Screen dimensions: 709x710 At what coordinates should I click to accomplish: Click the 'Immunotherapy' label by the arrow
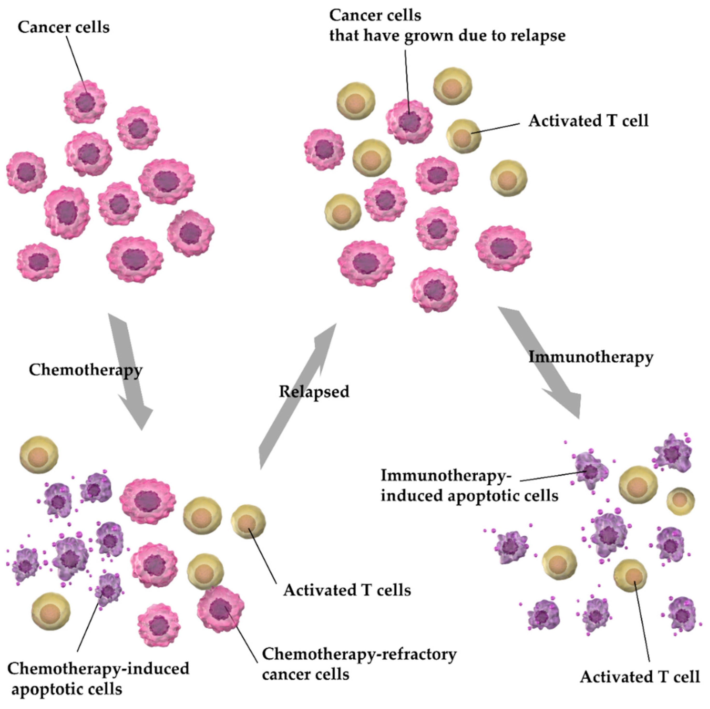pyautogui.click(x=591, y=357)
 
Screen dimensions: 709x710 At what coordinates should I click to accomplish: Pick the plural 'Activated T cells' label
pyautogui.click(x=347, y=590)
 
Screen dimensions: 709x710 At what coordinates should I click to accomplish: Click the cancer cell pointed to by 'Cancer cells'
pyautogui.click(x=85, y=102)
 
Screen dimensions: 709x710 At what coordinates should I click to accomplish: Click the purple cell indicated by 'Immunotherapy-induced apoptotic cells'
pyautogui.click(x=590, y=471)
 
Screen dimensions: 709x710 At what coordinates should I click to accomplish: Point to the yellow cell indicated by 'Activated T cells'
pyautogui.click(x=248, y=522)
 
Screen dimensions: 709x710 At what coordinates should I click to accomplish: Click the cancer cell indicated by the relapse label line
pyautogui.click(x=409, y=121)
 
